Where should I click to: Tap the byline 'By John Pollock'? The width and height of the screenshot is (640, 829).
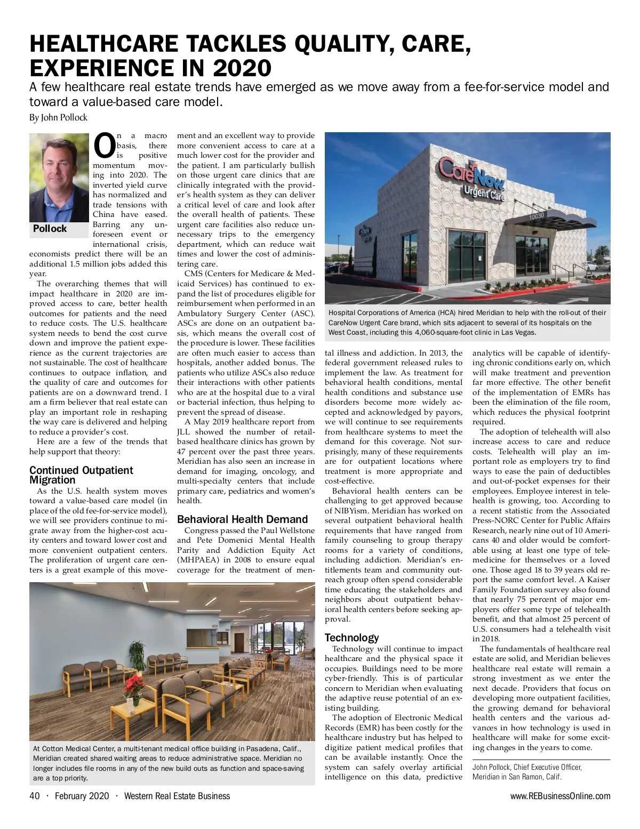tap(58, 117)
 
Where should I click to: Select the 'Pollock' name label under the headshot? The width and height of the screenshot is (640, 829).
tap(50, 229)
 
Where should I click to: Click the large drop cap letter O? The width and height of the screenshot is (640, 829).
tap(103, 146)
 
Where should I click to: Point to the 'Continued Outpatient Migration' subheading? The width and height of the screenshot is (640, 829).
tap(81, 474)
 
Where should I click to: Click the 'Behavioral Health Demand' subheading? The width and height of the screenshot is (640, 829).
tap(242, 519)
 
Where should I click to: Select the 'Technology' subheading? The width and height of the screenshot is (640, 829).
tap(351, 638)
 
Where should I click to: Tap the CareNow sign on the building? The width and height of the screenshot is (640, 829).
tap(471, 176)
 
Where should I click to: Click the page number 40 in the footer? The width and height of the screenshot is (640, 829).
tap(35, 796)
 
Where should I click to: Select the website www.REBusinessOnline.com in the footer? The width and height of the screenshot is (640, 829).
tap(560, 796)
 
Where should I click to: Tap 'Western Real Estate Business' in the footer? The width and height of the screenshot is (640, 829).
tap(177, 796)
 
